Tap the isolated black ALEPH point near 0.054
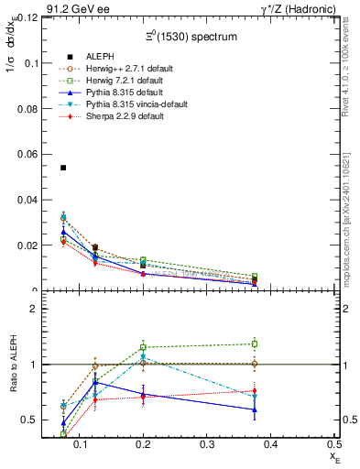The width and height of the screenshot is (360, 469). [63, 168]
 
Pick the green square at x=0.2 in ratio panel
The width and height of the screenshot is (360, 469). [143, 347]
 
